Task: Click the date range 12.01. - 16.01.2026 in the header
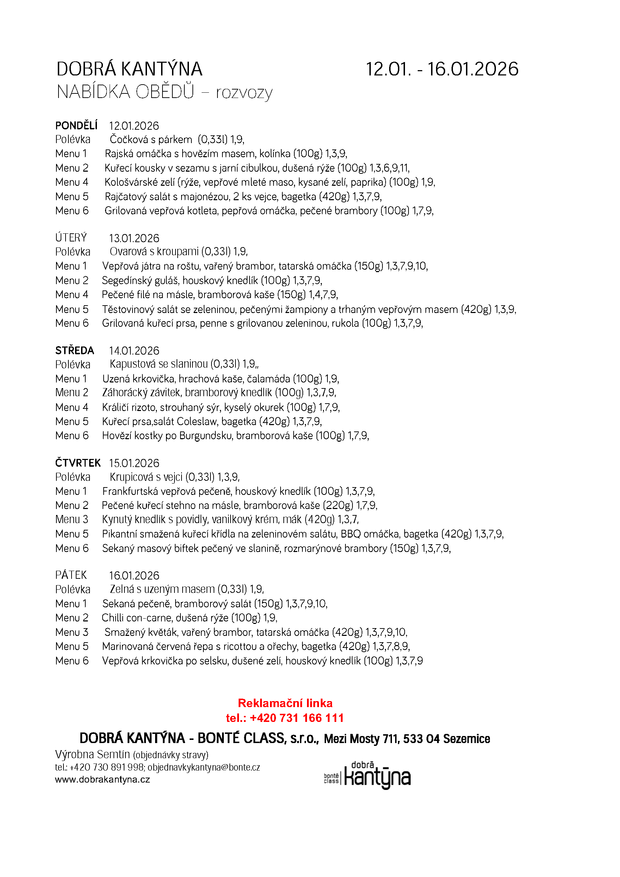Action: pyautogui.click(x=442, y=69)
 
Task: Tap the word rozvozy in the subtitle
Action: pyautogui.click(x=244, y=92)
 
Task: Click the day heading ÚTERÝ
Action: pyautogui.click(x=71, y=238)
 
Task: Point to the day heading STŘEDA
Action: pyautogui.click(x=74, y=350)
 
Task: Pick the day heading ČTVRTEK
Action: pyautogui.click(x=78, y=462)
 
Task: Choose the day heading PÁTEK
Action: pyautogui.click(x=71, y=575)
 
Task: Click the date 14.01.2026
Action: pyautogui.click(x=134, y=351)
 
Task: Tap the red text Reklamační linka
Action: pyautogui.click(x=285, y=703)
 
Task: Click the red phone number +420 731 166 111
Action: pyautogui.click(x=296, y=718)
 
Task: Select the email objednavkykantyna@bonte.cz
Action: pyautogui.click(x=204, y=767)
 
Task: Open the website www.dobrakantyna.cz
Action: pyautogui.click(x=102, y=779)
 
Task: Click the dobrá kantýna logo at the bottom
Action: pyautogui.click(x=367, y=775)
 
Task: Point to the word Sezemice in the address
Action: pyautogui.click(x=466, y=739)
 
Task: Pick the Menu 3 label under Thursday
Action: pyautogui.click(x=72, y=519)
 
